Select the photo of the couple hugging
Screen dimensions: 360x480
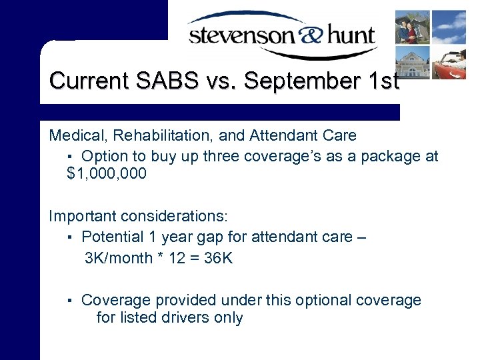coord(412,27)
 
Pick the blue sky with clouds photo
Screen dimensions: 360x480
coord(449,27)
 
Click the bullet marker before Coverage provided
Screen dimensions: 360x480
coord(70,301)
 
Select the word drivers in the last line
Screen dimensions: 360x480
coord(185,317)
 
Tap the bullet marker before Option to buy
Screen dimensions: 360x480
coord(70,156)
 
